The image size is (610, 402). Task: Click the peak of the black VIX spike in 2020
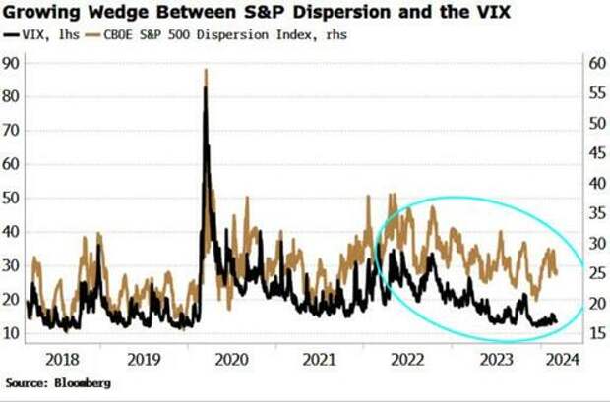coord(205,88)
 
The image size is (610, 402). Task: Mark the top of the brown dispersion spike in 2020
coord(205,70)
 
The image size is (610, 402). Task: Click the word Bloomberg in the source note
coord(82,381)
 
